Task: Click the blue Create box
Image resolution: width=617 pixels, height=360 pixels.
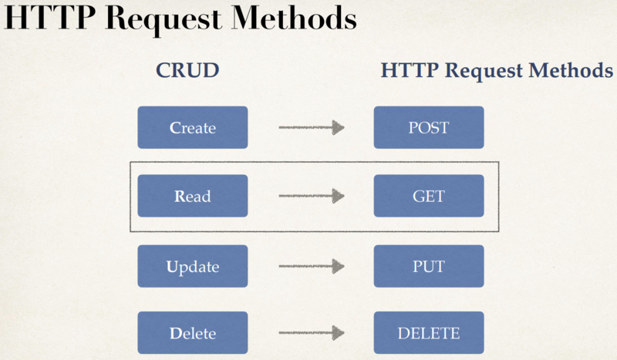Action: click(192, 127)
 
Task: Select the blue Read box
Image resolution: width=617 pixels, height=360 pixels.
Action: click(192, 196)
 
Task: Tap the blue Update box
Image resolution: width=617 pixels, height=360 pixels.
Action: click(192, 266)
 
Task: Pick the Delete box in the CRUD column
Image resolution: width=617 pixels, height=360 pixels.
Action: click(192, 333)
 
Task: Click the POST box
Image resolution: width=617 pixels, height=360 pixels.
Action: click(429, 127)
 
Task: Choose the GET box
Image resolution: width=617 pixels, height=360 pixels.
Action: click(429, 196)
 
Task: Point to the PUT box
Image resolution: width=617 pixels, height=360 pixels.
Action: click(429, 266)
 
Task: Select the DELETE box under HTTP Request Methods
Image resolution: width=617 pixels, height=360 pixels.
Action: click(429, 333)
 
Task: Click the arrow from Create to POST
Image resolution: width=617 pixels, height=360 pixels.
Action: click(311, 127)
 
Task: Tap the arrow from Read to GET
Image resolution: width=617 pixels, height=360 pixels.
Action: click(311, 196)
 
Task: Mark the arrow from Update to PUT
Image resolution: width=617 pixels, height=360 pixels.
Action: click(311, 266)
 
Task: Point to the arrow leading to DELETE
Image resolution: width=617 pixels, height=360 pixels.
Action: click(311, 333)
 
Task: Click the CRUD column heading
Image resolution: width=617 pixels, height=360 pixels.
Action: click(188, 71)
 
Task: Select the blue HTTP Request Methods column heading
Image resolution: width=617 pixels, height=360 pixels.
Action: click(497, 71)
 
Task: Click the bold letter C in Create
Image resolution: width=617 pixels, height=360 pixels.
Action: click(174, 128)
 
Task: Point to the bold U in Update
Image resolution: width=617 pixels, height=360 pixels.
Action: click(170, 267)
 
